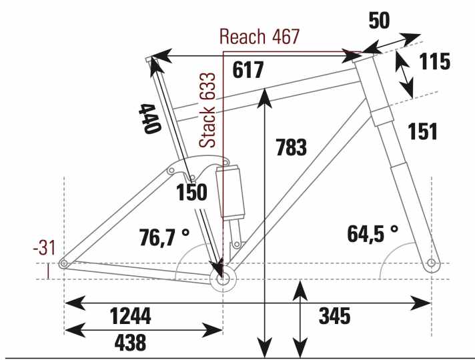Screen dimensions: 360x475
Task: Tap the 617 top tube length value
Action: (x=249, y=69)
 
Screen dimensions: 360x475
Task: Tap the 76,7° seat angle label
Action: (x=164, y=237)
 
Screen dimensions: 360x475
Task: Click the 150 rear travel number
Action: (x=192, y=193)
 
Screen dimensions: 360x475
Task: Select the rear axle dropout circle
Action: (x=63, y=265)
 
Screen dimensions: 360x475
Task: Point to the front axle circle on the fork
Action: (x=432, y=263)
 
